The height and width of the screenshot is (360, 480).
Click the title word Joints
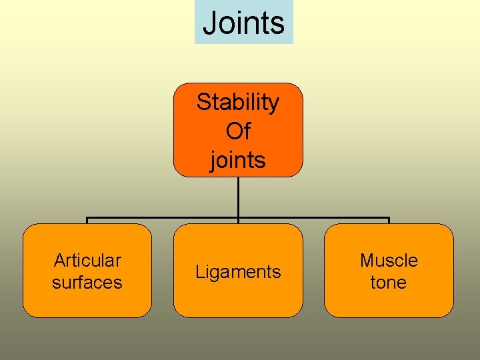243,23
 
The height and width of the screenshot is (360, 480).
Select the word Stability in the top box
238,103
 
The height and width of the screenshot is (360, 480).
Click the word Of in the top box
238,131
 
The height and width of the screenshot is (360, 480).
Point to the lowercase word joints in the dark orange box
238,160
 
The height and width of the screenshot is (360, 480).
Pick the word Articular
87,260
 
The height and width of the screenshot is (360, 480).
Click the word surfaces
87,283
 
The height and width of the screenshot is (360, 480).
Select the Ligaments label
238,272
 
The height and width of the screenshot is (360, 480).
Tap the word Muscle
389,260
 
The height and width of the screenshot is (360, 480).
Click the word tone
389,283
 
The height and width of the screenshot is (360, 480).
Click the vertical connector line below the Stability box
238,197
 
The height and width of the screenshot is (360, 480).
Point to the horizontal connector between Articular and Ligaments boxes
163,218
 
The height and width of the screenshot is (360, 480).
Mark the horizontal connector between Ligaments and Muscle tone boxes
313,218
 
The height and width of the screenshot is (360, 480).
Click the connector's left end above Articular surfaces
87,219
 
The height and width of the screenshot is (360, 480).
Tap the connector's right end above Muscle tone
389,219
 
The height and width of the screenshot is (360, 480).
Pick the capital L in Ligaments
199,272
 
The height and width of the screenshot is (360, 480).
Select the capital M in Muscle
367,260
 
